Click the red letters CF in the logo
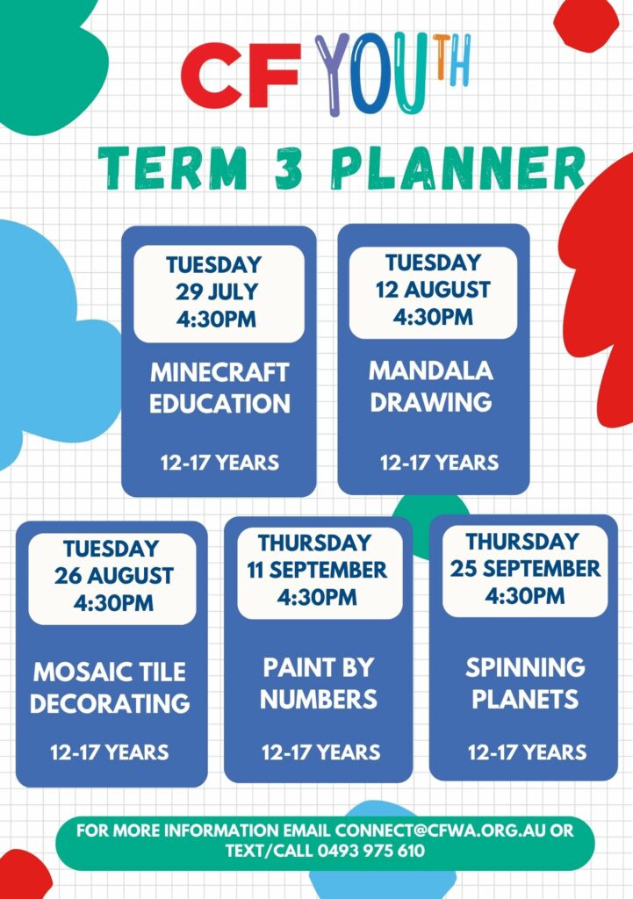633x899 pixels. (241, 75)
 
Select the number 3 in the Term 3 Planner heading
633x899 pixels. (288, 168)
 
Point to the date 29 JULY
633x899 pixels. (217, 291)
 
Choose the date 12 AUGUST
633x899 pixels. (433, 290)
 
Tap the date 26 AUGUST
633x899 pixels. (113, 576)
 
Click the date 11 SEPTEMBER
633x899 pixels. (316, 570)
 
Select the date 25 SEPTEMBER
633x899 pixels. (525, 568)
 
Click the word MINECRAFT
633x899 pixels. (219, 372)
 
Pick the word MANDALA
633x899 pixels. (430, 370)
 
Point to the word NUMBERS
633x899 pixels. (318, 700)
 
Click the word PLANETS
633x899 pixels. (525, 699)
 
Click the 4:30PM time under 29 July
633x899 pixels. (216, 320)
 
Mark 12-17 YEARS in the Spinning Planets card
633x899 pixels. (527, 752)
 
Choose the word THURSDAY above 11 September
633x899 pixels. (314, 543)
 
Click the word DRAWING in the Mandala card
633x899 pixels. (430, 402)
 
